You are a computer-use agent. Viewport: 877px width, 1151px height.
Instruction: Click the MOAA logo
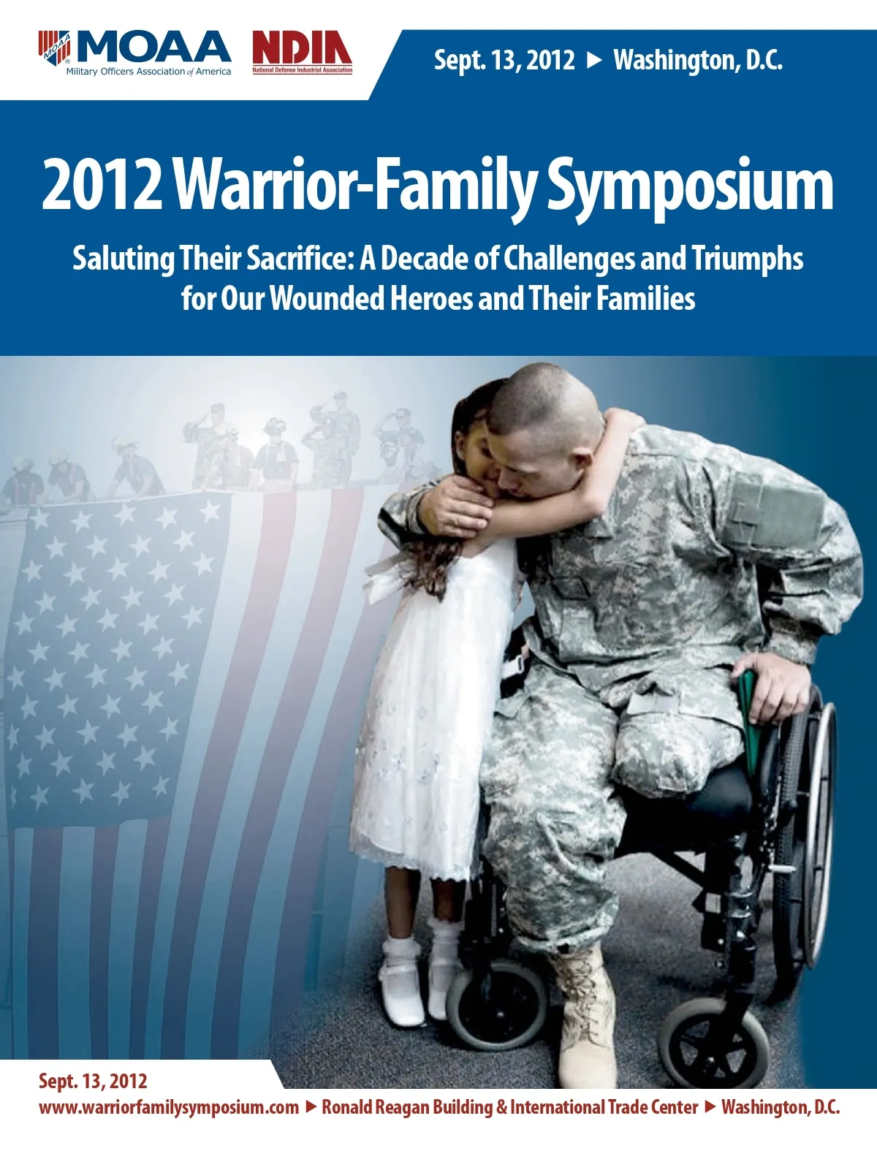point(134,53)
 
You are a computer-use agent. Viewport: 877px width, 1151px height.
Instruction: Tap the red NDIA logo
point(302,53)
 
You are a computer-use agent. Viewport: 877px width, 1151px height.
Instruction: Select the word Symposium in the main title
point(690,187)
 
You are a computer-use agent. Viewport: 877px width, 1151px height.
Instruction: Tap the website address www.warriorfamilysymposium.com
point(168,1107)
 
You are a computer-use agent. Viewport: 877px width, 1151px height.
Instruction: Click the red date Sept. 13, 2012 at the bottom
point(93,1081)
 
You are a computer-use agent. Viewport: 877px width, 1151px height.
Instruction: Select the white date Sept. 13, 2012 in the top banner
point(504,61)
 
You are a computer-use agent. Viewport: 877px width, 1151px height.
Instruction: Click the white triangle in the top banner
point(594,61)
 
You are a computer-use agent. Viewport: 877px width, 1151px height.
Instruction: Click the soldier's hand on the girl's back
point(455,506)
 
